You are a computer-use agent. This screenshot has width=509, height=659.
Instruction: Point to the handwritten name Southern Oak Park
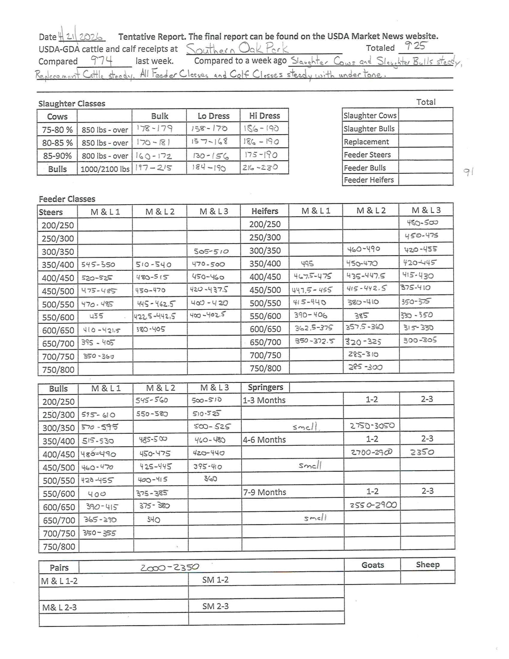coord(237,49)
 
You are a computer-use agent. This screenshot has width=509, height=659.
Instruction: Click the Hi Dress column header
coord(264,116)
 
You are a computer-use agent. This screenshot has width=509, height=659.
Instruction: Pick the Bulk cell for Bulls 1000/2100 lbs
coord(153,168)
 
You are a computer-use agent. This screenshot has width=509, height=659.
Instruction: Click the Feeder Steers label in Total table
coord(367,155)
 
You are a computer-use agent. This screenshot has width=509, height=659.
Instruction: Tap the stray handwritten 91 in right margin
coord(468,172)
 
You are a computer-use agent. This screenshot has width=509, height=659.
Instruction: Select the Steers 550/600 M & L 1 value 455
coord(96,316)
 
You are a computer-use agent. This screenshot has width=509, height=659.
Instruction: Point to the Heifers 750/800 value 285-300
coord(365,367)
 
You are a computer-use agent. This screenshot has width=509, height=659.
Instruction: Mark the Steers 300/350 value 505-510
coord(211,251)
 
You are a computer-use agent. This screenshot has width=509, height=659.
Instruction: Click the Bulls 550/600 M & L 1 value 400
coord(96,494)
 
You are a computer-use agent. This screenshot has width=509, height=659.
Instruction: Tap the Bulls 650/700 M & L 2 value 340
coord(153,519)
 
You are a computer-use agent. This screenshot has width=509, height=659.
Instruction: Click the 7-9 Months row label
coord(265,492)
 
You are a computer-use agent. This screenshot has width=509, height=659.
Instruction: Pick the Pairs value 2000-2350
coord(170,568)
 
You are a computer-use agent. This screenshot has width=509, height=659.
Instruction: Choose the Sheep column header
coord(427,565)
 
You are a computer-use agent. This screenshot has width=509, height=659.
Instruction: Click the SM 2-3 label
coord(215,606)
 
